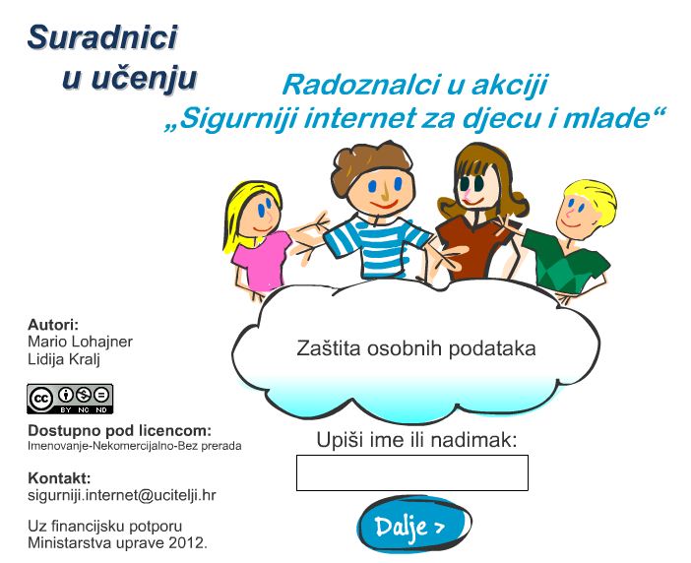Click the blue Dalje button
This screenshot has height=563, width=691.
(413, 524)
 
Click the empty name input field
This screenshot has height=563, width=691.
(412, 472)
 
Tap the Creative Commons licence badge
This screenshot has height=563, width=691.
(70, 399)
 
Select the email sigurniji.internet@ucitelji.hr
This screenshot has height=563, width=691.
(122, 495)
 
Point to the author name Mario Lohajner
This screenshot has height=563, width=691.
(80, 342)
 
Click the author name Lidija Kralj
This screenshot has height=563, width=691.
(64, 359)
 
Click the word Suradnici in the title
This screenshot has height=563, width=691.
(102, 37)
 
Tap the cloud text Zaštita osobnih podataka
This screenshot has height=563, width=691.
(416, 348)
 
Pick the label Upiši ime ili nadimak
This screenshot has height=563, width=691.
(416, 440)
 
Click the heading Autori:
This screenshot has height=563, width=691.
(53, 325)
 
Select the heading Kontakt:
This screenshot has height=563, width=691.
(59, 478)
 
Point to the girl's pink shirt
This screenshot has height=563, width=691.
(263, 262)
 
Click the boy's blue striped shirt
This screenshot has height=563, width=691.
(376, 248)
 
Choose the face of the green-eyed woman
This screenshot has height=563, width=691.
(477, 185)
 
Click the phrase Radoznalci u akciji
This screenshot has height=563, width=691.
(414, 85)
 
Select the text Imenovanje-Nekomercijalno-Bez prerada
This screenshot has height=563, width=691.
(135, 446)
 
